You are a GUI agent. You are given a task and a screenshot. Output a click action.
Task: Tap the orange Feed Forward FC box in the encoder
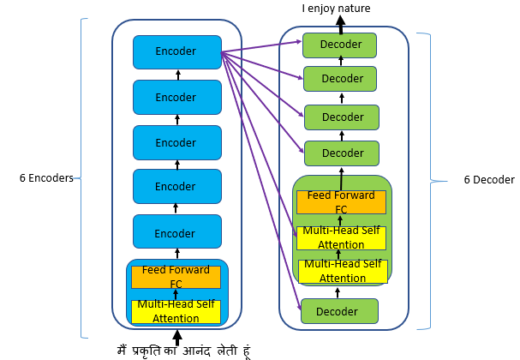point(176,276)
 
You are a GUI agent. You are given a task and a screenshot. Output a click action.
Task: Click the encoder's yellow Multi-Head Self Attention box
point(176,312)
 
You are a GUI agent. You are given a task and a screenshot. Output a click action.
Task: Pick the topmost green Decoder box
point(340,45)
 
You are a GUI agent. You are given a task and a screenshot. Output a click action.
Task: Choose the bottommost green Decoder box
point(340,310)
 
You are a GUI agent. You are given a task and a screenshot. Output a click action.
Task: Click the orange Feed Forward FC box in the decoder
point(341,202)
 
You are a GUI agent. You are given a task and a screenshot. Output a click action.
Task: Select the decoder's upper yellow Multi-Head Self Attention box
point(341,237)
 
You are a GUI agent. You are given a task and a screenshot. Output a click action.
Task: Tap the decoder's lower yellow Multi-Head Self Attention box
point(341,271)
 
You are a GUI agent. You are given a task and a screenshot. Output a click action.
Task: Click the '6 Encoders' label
point(45,179)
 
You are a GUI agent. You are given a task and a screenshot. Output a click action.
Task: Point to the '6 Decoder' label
point(489,180)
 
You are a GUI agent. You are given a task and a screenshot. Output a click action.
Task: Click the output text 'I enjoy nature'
point(337,9)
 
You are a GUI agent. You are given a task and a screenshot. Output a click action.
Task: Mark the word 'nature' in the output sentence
point(356,9)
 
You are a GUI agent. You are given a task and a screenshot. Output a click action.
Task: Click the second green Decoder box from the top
point(340,79)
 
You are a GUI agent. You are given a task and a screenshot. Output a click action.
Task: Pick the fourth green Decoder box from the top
point(340,154)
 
